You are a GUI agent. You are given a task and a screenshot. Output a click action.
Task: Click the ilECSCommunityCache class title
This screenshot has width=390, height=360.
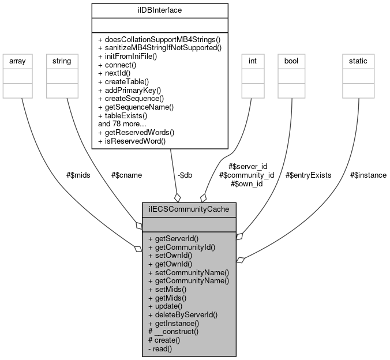[x=189, y=210]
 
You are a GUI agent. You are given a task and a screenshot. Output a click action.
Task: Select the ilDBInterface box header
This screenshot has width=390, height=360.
[x=160, y=10]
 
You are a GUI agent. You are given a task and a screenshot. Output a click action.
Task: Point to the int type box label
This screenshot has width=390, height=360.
[x=253, y=60]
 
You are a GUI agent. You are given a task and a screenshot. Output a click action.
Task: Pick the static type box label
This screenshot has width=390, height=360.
[x=358, y=60]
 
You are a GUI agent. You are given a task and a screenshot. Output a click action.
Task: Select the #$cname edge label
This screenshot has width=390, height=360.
[x=126, y=175]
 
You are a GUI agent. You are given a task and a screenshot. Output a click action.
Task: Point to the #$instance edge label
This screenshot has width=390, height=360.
[x=368, y=175]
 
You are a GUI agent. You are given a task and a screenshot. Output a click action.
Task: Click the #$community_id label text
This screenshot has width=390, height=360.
[x=246, y=175]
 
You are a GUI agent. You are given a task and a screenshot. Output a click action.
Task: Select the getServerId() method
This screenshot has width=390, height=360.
[x=174, y=238]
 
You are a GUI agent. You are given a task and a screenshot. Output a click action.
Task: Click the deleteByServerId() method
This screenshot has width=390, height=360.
[x=183, y=314]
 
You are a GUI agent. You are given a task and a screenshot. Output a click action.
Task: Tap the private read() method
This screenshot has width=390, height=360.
[x=160, y=348]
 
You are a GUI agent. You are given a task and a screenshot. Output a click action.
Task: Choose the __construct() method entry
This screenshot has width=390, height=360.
[x=174, y=332]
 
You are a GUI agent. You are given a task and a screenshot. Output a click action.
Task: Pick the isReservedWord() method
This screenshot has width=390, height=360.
[x=132, y=140]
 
